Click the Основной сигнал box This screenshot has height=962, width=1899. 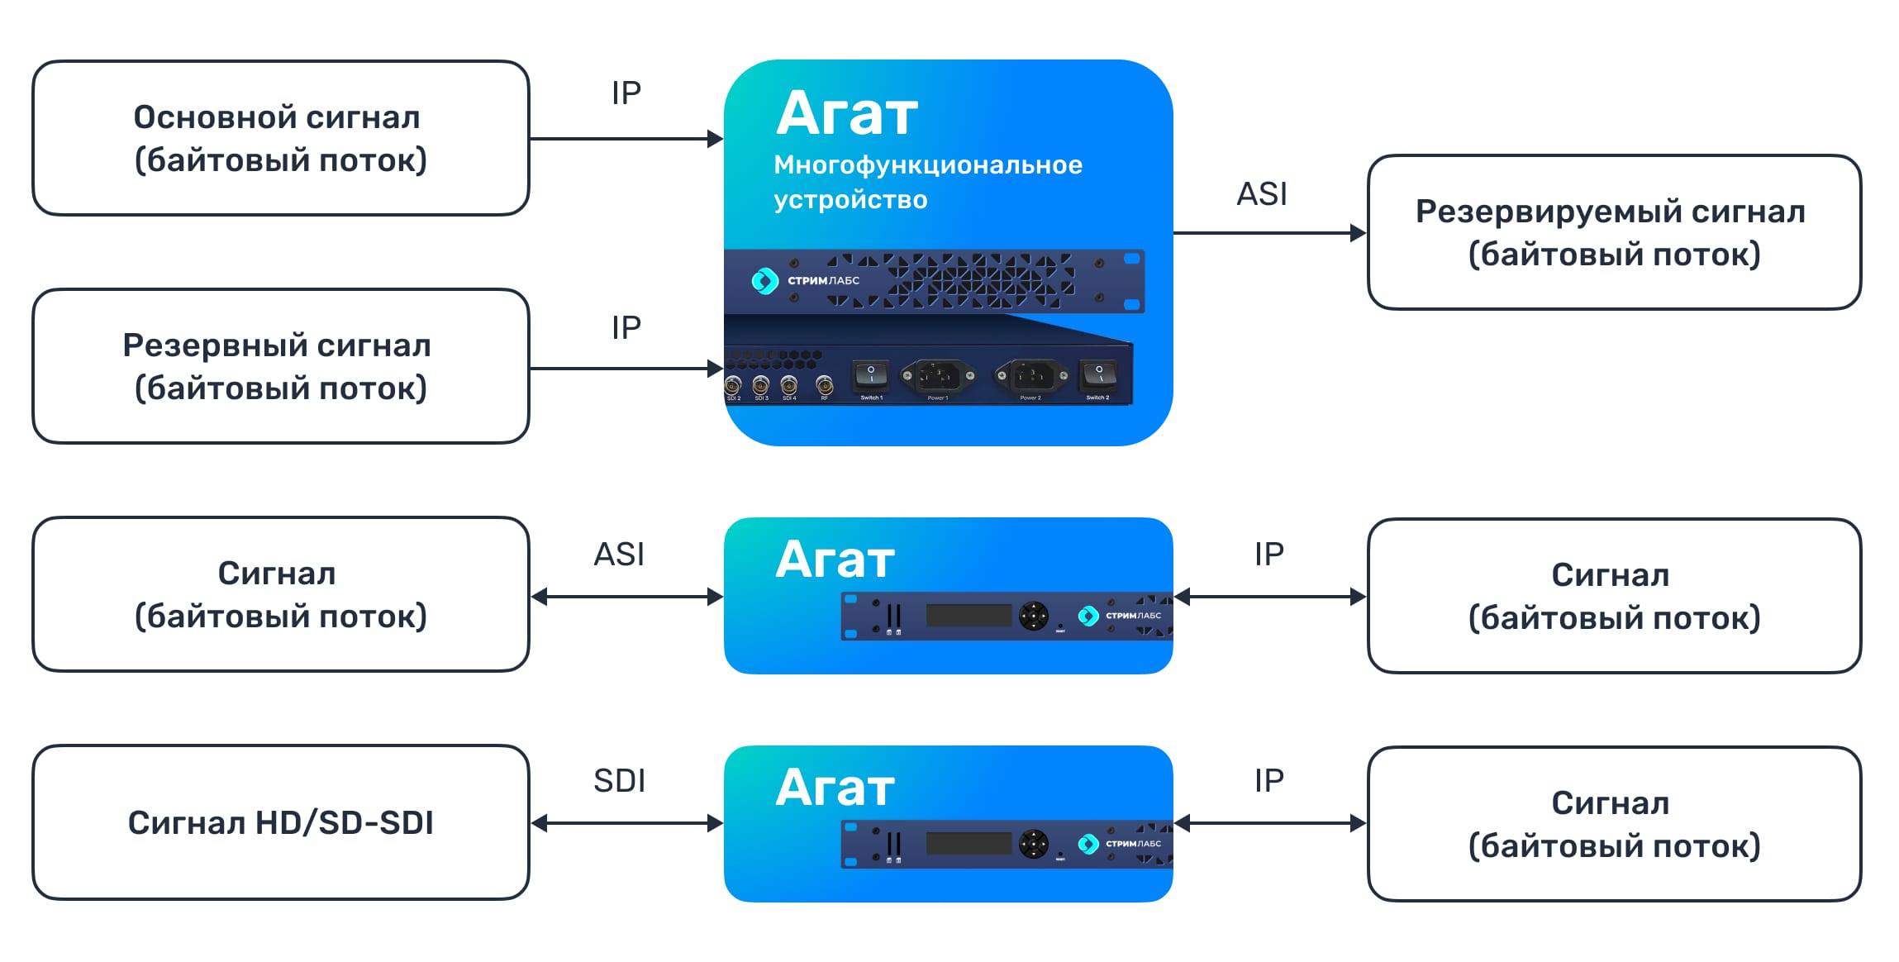click(x=280, y=138)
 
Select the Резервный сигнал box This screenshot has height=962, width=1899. click(x=280, y=366)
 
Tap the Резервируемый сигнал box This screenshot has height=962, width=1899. click(x=1613, y=232)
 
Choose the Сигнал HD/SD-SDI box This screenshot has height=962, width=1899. click(x=280, y=822)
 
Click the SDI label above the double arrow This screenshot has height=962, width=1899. click(x=619, y=781)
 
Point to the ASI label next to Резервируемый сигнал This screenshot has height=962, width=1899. click(x=1261, y=194)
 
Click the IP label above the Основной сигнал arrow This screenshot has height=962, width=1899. click(x=626, y=93)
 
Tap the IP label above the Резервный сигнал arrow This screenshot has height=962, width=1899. click(x=626, y=328)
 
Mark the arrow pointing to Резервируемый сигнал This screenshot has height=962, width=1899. click(x=1268, y=233)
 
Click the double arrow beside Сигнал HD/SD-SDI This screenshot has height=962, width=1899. click(x=626, y=823)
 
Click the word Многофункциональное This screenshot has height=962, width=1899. click(x=927, y=165)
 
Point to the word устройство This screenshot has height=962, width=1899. click(x=850, y=200)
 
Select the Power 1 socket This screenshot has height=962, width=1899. click(x=938, y=376)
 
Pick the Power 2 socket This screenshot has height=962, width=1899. click(x=1031, y=376)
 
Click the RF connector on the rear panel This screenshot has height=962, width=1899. click(x=824, y=384)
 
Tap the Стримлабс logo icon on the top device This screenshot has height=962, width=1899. click(x=764, y=281)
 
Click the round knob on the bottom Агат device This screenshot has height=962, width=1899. click(x=1033, y=844)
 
